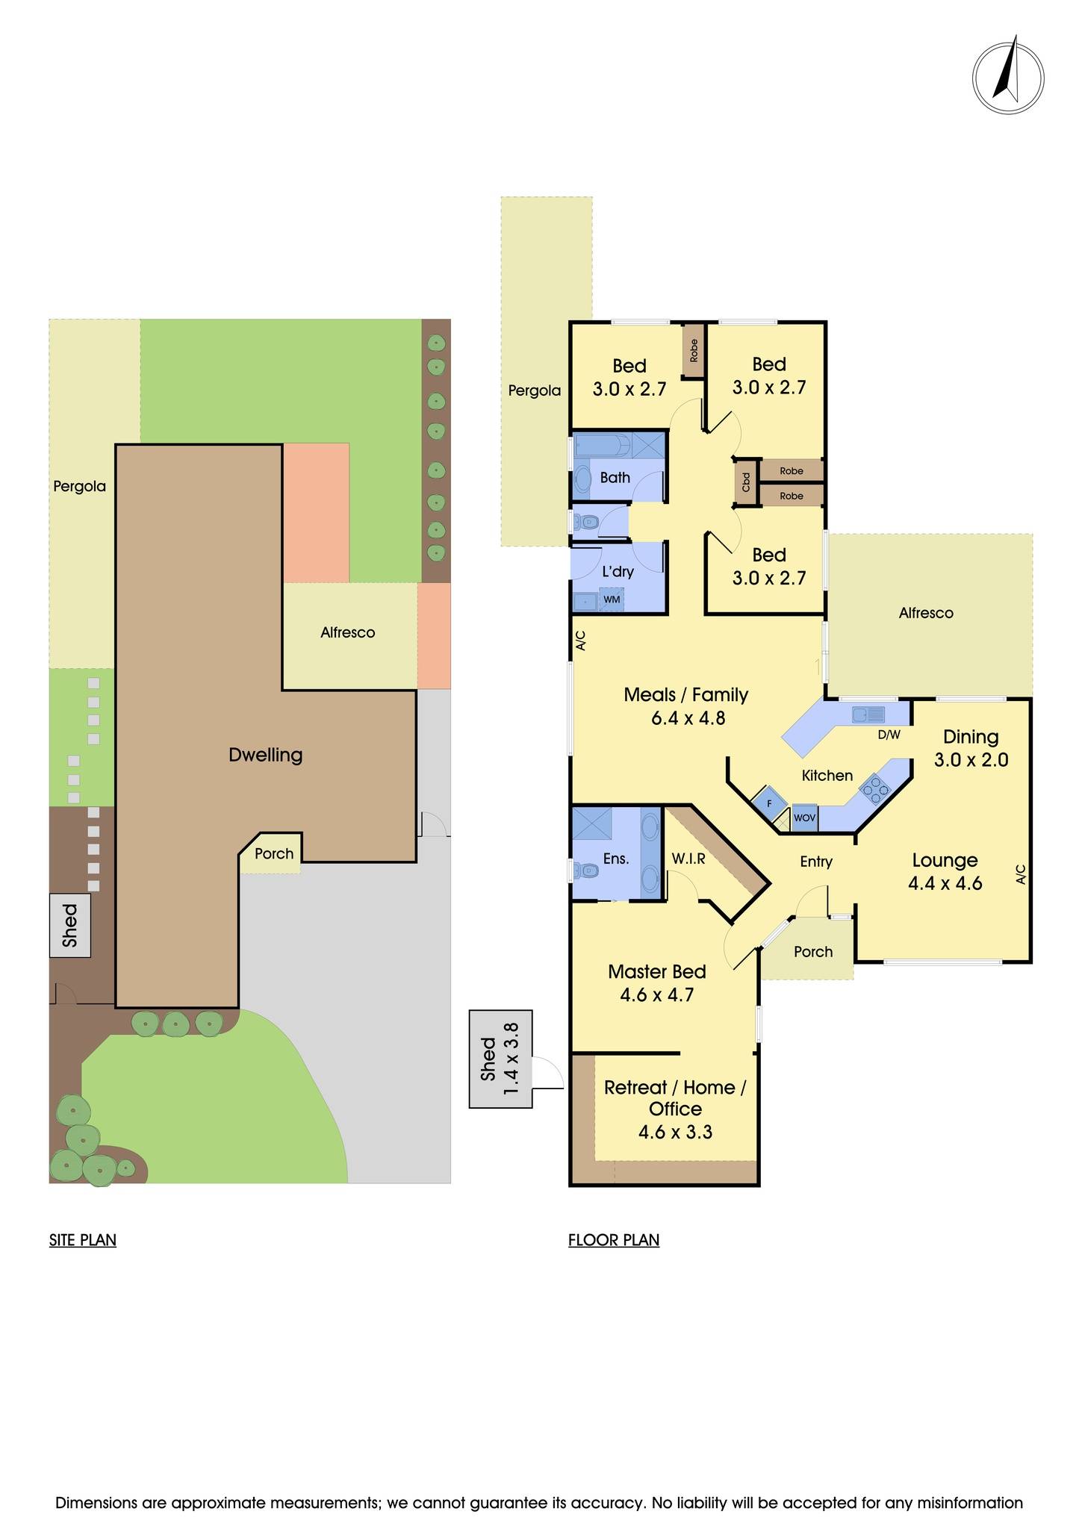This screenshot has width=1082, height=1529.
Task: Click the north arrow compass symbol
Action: (x=1008, y=78)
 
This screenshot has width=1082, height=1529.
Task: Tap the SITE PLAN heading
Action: (x=83, y=1240)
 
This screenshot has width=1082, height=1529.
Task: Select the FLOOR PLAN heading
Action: (x=614, y=1240)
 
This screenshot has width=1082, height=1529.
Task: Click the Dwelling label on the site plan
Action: (x=265, y=755)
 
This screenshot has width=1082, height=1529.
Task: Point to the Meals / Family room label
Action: (x=685, y=695)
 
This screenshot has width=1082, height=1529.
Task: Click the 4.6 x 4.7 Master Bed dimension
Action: (x=656, y=995)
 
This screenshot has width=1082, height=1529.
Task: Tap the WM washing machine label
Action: (x=612, y=599)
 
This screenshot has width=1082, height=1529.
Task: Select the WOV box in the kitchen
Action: (x=804, y=818)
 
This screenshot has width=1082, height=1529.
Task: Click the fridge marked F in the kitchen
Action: (x=769, y=803)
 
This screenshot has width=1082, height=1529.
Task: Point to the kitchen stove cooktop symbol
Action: (x=875, y=788)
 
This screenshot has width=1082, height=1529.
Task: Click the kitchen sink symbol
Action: (x=868, y=714)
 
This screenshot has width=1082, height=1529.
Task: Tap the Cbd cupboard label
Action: (x=746, y=482)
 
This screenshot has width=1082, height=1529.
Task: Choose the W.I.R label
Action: (x=688, y=859)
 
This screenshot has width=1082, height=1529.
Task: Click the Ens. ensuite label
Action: (x=615, y=859)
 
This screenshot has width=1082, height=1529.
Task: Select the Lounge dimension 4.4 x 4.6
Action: (x=945, y=884)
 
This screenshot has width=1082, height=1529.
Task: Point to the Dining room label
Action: (x=971, y=737)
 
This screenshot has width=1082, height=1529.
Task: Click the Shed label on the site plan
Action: (x=70, y=925)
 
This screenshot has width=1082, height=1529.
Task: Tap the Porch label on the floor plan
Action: (x=812, y=952)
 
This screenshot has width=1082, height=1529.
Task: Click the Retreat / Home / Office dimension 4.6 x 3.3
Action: (x=675, y=1132)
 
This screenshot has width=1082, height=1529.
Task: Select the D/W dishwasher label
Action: (x=889, y=735)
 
